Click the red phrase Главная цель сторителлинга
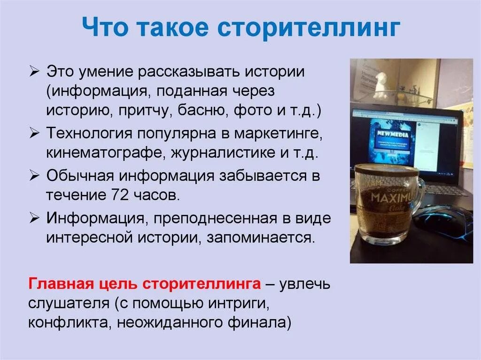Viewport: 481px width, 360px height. click(x=144, y=284)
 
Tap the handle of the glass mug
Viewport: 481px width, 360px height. click(x=419, y=192)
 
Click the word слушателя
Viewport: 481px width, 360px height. click(x=68, y=304)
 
